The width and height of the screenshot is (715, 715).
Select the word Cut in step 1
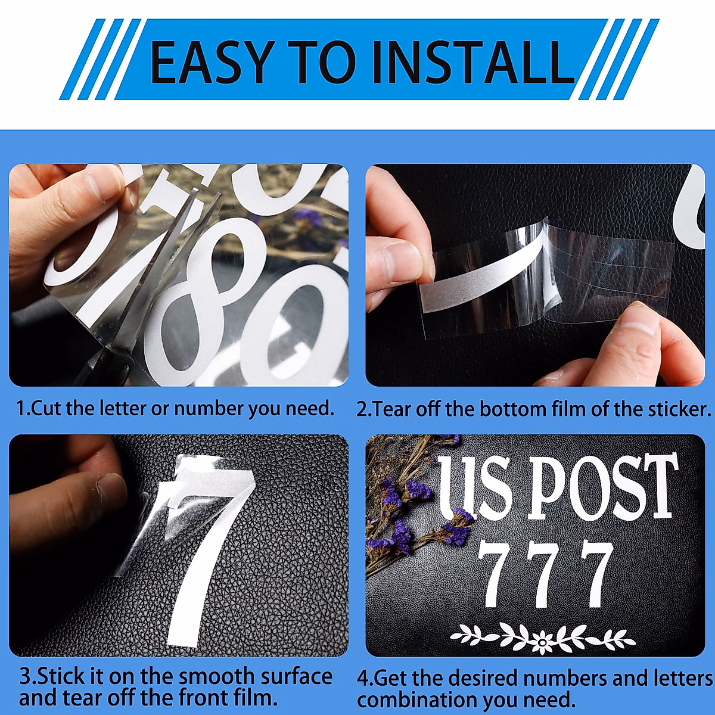47,409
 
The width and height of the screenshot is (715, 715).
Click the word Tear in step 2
393,409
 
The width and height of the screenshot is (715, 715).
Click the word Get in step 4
390,678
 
